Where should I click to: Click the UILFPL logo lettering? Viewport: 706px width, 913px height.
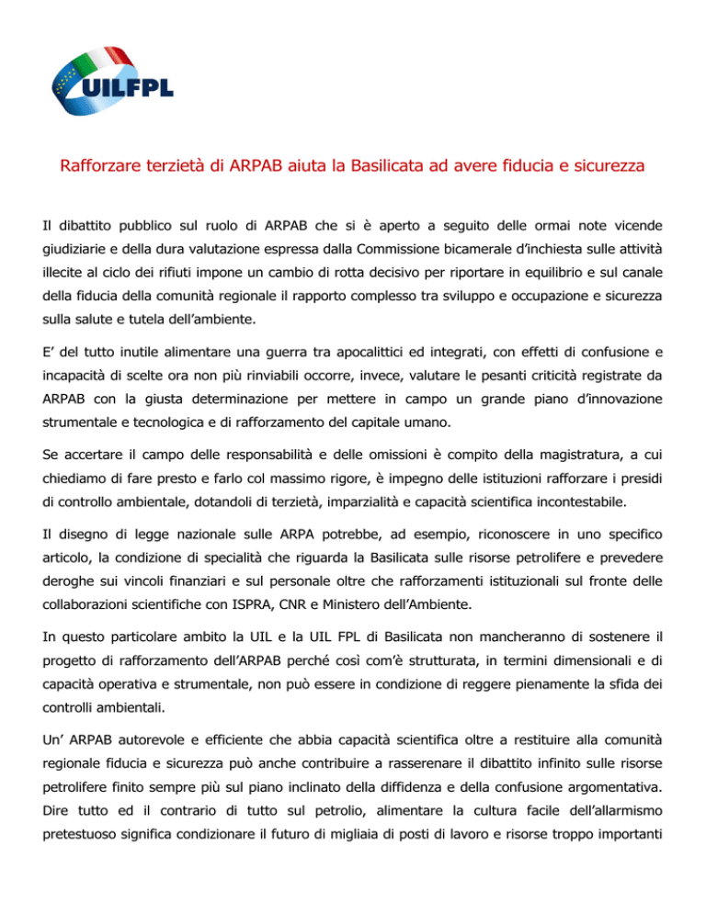click(x=130, y=89)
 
